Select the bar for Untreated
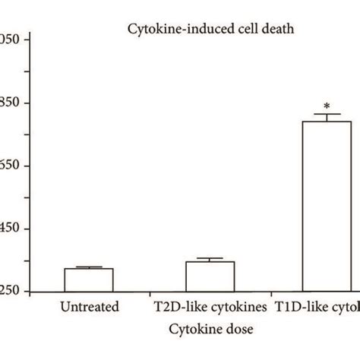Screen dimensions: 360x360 tap(88, 280)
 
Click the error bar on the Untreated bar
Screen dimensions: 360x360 tap(88, 267)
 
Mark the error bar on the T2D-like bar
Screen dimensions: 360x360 tap(210, 260)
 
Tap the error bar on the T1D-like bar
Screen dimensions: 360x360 tap(327, 118)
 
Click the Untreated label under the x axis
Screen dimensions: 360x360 tap(89, 308)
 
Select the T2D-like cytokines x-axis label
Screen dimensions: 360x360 tap(210, 308)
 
